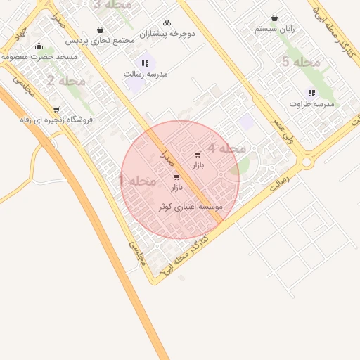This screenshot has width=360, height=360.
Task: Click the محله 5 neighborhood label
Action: point(300,63)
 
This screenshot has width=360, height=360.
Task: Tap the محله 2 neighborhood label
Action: point(67,81)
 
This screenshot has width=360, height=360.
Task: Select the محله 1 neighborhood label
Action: point(137,181)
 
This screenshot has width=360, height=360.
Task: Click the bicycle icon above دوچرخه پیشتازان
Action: point(167,23)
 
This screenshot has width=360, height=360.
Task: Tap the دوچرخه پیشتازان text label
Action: point(167,33)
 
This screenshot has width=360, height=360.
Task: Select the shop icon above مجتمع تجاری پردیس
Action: point(101,30)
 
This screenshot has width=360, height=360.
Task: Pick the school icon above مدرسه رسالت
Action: point(144,63)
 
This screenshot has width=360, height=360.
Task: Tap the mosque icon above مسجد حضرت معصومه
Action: point(39,46)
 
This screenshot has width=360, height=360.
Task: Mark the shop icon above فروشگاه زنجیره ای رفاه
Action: point(56,110)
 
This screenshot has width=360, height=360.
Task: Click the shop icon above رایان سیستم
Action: point(274,19)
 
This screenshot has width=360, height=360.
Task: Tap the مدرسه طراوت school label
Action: point(311,103)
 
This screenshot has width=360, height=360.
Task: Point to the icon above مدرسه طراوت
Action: point(311,94)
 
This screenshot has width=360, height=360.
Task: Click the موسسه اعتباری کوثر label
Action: point(192,207)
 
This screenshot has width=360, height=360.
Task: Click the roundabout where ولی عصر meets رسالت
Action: point(307,162)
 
